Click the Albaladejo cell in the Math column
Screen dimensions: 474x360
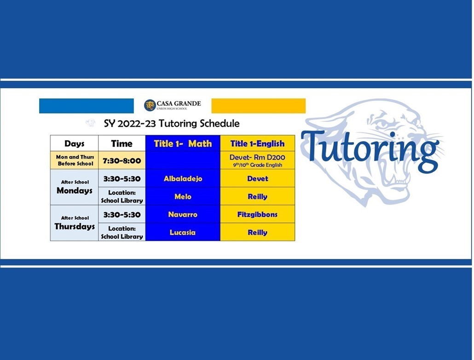click(x=183, y=178)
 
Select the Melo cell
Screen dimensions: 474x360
click(x=183, y=196)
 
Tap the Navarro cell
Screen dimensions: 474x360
click(x=183, y=214)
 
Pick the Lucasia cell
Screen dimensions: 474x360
click(x=183, y=232)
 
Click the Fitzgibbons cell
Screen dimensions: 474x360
click(x=257, y=214)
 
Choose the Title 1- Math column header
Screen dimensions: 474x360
click(x=183, y=143)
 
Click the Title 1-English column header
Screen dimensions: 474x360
click(x=257, y=143)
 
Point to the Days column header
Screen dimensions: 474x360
click(x=74, y=143)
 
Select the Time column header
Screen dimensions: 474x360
click(x=122, y=143)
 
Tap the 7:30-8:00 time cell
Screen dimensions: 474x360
click(x=122, y=160)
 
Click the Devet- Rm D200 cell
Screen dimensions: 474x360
click(x=257, y=160)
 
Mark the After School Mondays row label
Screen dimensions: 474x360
click(x=75, y=187)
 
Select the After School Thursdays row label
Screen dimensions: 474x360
click(x=75, y=223)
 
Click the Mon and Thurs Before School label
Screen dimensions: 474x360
click(x=75, y=160)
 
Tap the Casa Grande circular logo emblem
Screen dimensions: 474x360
click(x=150, y=105)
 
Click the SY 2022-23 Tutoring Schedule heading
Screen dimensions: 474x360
click(x=172, y=123)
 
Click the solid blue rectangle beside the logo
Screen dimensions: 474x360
click(x=87, y=106)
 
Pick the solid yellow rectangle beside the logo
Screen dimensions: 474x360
click(x=259, y=106)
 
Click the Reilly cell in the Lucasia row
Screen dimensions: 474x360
click(x=257, y=232)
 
